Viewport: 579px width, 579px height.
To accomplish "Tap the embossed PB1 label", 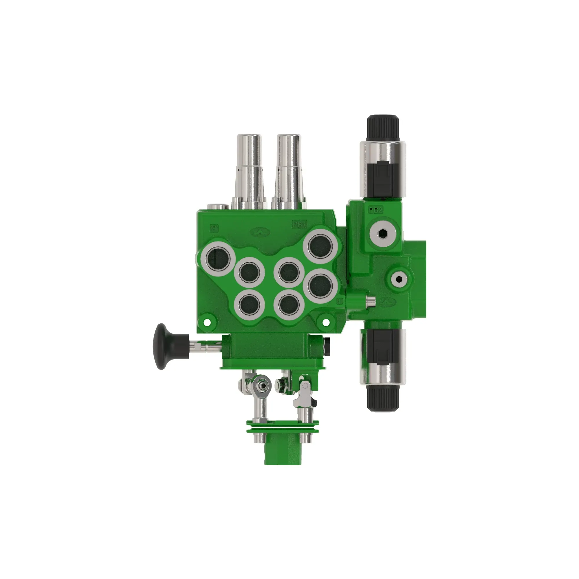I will (299, 224).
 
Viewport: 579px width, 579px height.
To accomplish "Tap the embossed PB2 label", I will (375, 210).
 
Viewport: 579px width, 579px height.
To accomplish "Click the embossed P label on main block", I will (214, 229).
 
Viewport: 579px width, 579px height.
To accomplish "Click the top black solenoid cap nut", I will (383, 128).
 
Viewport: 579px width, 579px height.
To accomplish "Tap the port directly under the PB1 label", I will (320, 247).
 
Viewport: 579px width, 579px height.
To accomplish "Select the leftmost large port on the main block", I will (218, 259).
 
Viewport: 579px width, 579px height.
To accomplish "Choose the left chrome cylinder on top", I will (249, 171).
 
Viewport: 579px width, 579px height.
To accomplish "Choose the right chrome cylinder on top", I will (289, 171).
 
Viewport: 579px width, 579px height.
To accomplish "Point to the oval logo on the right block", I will (388, 303).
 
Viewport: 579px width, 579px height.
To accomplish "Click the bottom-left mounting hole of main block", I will (206, 322).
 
